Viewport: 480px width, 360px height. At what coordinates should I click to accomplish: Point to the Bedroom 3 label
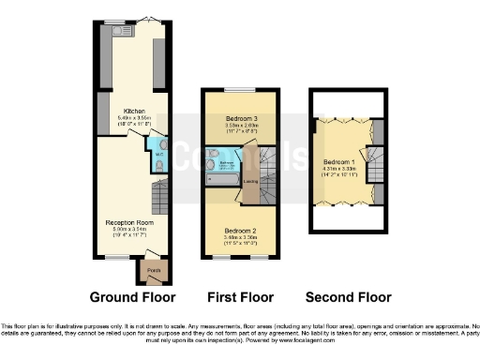[x=240, y=117]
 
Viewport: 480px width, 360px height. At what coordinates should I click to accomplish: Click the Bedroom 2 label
[x=241, y=231]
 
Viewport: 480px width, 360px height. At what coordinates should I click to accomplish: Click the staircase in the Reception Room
[x=158, y=198]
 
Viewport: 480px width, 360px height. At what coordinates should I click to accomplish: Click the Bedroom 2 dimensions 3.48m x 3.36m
[x=241, y=238]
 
